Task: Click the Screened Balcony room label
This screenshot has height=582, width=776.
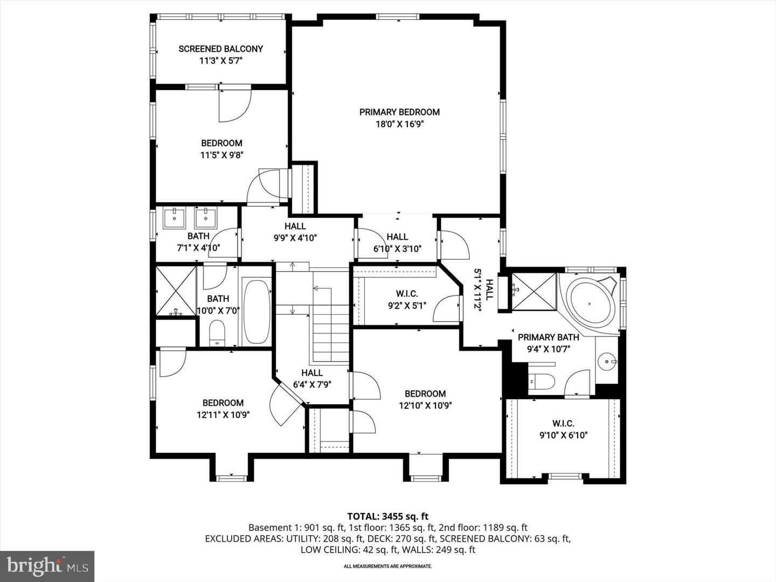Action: (220, 49)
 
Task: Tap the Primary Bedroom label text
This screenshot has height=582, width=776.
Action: (399, 112)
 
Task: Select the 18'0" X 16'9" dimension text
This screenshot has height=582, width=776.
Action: (399, 124)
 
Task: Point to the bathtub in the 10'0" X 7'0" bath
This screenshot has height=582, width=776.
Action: (257, 311)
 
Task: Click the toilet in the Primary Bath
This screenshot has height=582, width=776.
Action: (542, 382)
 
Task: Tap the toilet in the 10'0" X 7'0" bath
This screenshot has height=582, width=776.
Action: (217, 333)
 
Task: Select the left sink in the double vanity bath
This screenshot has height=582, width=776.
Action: (174, 219)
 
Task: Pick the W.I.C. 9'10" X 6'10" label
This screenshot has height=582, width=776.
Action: (563, 429)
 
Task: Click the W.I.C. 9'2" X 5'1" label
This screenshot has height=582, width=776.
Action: (407, 300)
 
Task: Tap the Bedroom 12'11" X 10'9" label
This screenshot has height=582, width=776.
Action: (223, 408)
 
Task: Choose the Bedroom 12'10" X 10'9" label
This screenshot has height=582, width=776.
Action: (425, 399)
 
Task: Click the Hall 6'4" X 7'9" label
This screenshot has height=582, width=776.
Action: (312, 378)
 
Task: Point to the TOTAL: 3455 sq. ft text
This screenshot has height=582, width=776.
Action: (387, 516)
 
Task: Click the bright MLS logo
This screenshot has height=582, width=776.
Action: (47, 566)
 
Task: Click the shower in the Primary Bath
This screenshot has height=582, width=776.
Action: (533, 292)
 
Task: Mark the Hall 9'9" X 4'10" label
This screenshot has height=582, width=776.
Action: (295, 232)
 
